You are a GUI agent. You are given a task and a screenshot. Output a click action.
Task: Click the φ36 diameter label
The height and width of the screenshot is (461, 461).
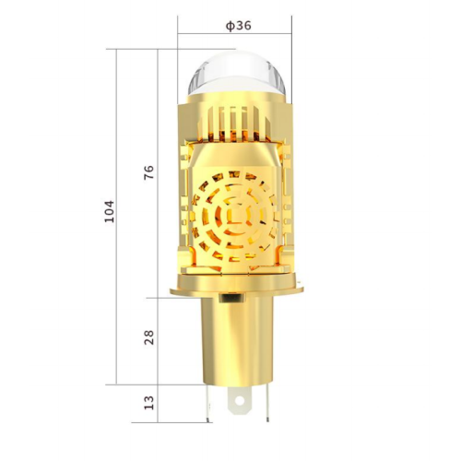(x=238, y=25)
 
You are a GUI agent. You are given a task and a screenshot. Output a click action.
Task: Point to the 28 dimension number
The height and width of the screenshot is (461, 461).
(x=149, y=338)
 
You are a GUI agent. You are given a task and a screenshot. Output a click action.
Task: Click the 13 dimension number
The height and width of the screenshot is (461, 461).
(x=149, y=402)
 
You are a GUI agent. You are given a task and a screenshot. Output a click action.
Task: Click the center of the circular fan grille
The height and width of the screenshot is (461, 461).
(x=238, y=218)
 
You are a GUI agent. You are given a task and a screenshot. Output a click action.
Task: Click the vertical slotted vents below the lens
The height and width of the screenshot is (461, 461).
(x=238, y=120)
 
